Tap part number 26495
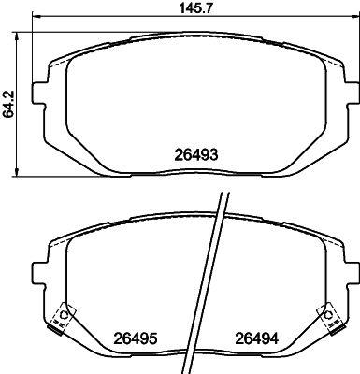pyautogui.click(x=136, y=338)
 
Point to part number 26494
pyautogui.click(x=255, y=338)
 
